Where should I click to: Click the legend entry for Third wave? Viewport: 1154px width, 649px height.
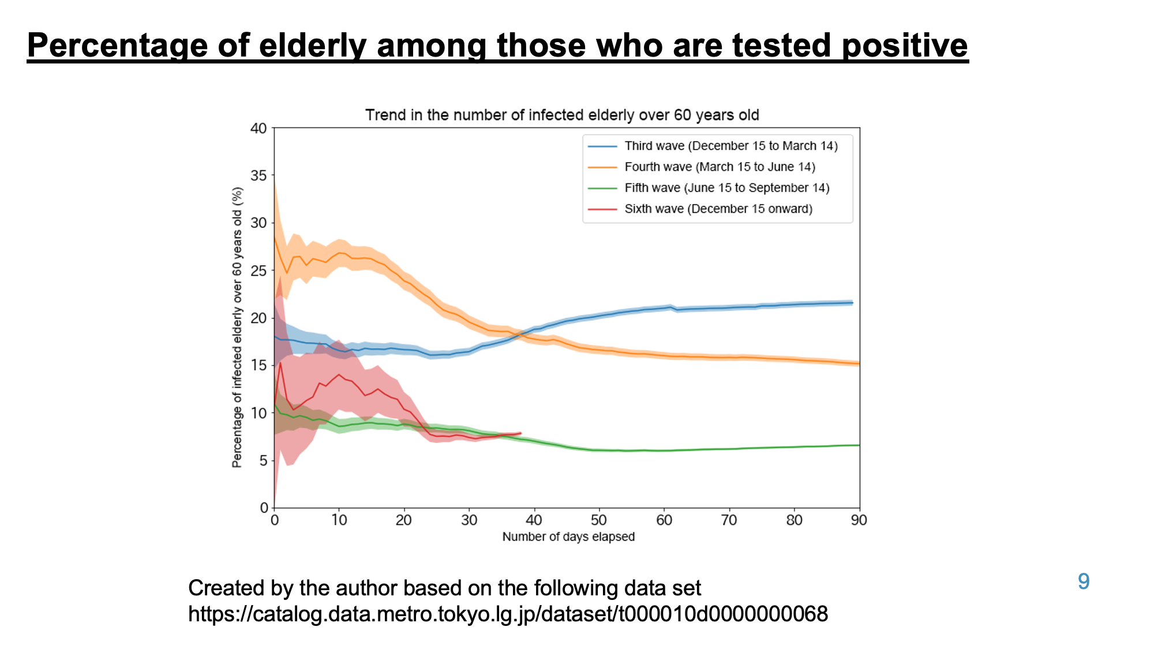713,146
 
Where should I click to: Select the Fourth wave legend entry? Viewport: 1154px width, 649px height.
702,167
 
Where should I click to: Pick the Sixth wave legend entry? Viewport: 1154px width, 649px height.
700,209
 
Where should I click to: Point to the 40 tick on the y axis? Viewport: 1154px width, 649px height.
258,128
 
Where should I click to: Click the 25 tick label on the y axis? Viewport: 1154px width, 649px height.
258,271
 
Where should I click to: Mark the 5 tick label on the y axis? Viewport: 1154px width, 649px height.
264,460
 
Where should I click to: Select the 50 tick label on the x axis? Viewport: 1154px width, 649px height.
599,520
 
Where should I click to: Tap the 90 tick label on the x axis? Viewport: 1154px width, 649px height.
859,520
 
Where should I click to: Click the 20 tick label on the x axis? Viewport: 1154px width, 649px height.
404,520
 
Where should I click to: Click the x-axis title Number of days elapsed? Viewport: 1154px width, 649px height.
568,537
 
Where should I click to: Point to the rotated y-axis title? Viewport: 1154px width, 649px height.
237,327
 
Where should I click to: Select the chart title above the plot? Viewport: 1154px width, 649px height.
562,115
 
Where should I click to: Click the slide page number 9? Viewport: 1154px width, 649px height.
1084,582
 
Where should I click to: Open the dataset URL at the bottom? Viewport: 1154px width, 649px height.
508,614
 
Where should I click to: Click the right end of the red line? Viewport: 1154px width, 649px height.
521,433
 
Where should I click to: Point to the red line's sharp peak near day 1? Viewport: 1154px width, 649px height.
280,362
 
